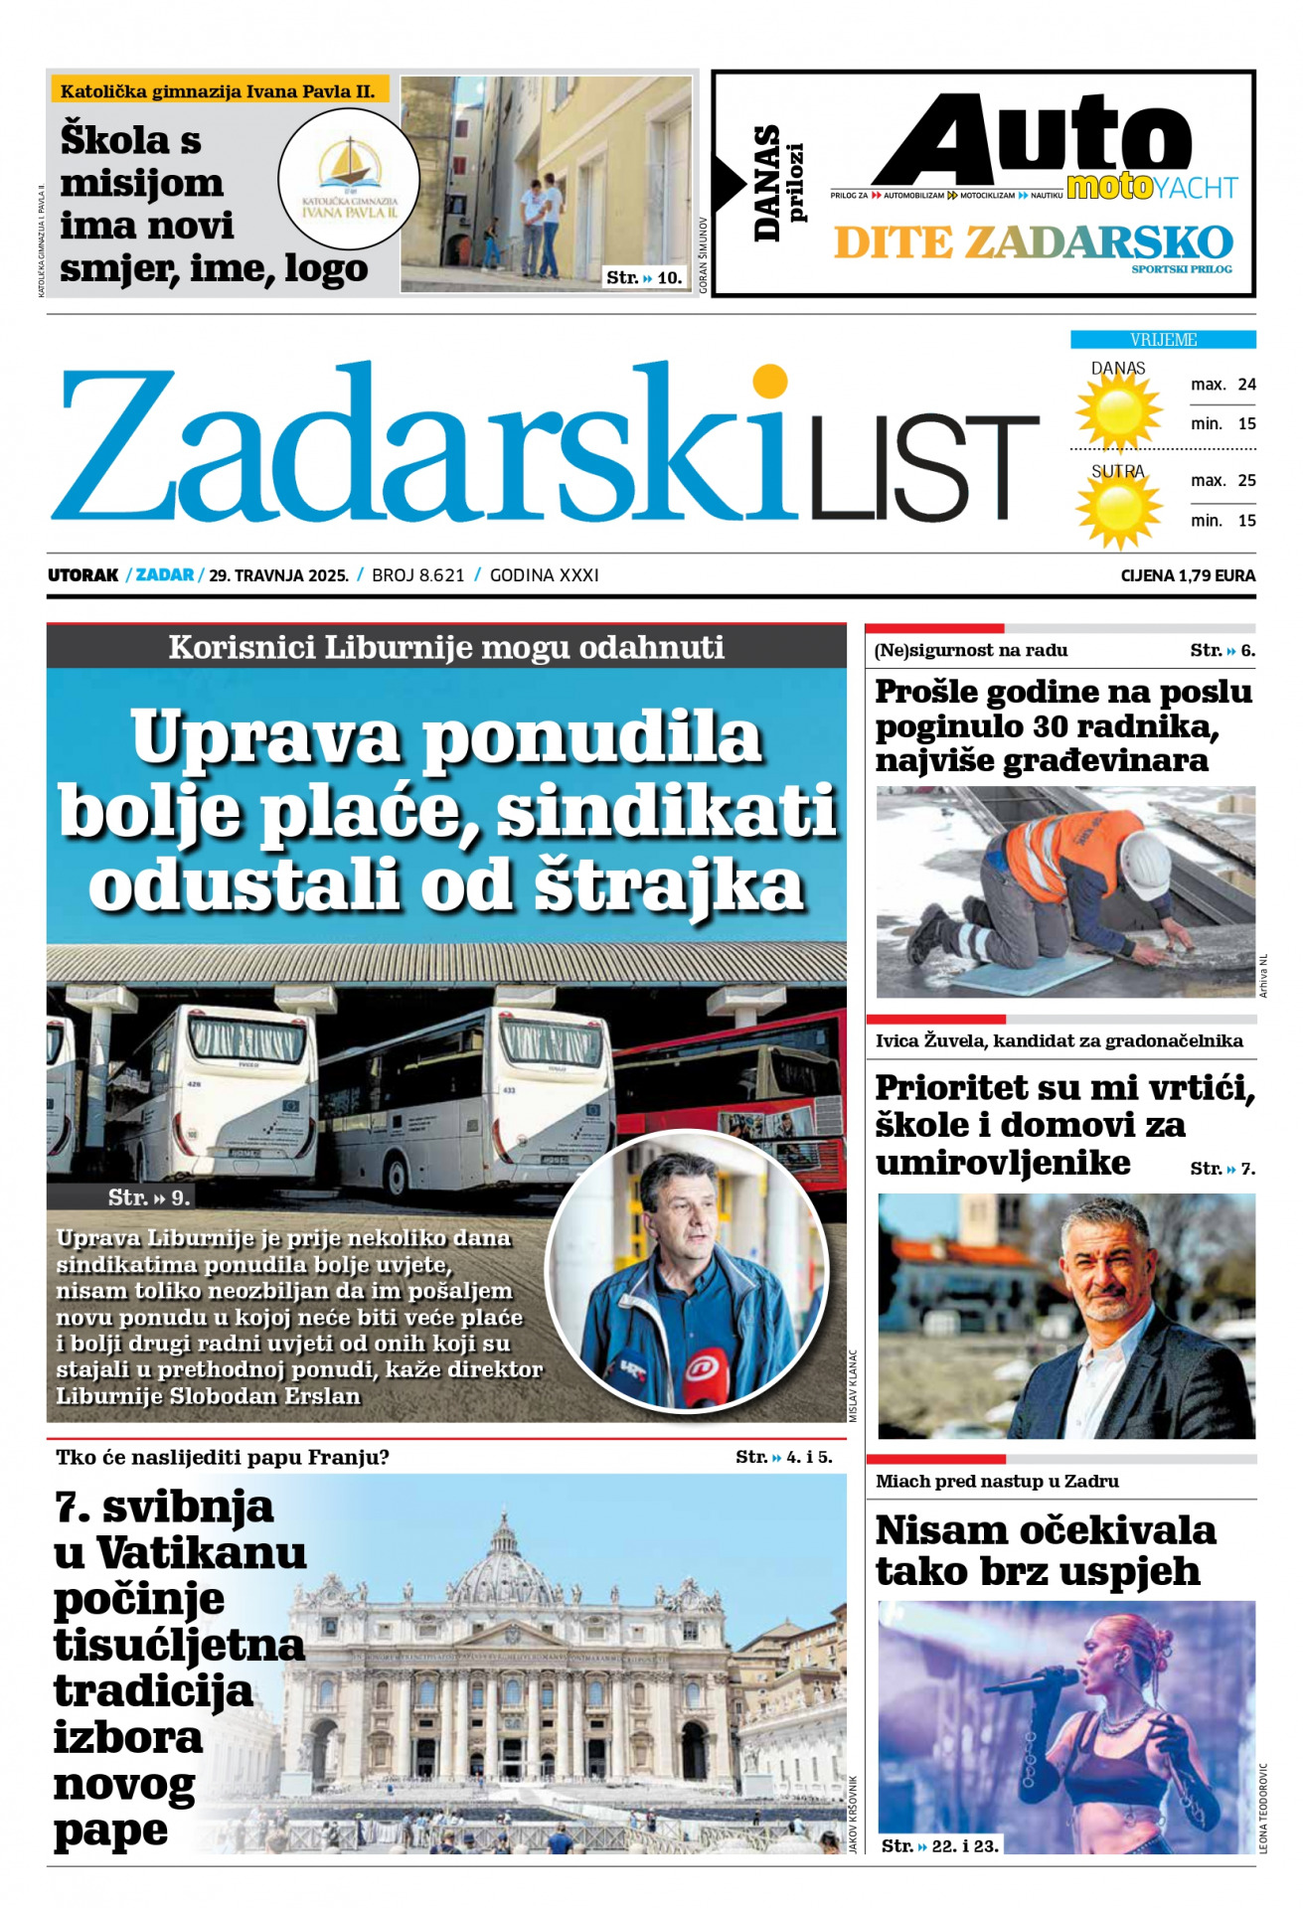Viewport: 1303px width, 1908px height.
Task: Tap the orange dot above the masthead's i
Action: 769,382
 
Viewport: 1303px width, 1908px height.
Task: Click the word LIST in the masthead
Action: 924,467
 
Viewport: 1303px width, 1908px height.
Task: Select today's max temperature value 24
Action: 1246,385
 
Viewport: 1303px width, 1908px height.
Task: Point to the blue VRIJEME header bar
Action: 1163,340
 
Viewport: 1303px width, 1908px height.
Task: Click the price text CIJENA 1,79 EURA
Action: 1188,575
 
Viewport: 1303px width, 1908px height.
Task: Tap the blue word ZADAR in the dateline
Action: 165,575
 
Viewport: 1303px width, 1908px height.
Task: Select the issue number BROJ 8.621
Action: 417,575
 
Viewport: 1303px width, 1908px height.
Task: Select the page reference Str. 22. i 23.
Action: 940,1845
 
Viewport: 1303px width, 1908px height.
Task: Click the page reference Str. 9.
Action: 149,1197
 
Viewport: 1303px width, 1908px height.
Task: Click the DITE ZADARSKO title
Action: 1033,242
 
